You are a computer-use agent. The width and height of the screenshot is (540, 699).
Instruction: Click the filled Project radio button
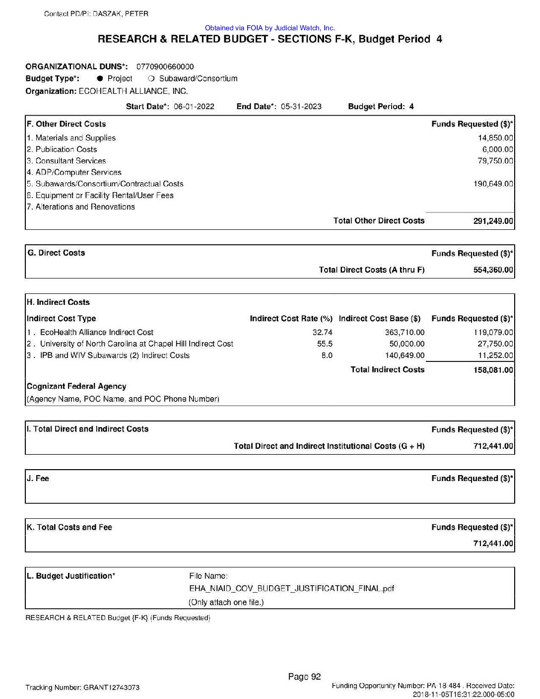(100, 78)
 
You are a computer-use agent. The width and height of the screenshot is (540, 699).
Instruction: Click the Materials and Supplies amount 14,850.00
(495, 138)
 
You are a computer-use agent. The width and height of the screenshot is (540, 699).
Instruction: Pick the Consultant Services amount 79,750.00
(495, 161)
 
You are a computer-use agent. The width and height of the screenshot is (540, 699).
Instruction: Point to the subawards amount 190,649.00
(493, 184)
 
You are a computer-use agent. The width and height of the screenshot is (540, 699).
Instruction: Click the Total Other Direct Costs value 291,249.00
(493, 221)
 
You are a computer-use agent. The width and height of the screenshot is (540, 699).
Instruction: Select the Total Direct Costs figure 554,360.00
(493, 270)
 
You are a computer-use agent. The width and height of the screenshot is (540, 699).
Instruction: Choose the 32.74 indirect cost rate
(325, 333)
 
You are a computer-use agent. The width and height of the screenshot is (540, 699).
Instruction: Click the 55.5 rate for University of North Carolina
(325, 344)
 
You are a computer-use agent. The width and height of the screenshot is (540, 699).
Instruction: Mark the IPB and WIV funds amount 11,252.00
(495, 355)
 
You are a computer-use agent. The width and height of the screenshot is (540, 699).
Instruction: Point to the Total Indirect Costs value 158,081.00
(493, 370)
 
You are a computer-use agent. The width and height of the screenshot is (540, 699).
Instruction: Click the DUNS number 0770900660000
(165, 67)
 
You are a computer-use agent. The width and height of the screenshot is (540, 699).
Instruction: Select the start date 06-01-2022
(194, 106)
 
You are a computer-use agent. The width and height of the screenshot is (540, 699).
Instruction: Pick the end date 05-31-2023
(301, 106)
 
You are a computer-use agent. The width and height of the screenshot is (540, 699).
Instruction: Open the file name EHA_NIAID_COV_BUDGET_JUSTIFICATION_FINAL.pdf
(292, 589)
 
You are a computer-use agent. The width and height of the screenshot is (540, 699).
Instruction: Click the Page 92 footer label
(305, 676)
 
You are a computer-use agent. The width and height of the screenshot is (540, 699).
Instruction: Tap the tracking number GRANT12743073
(111, 688)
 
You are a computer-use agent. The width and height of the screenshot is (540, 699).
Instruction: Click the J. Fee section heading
(38, 479)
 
